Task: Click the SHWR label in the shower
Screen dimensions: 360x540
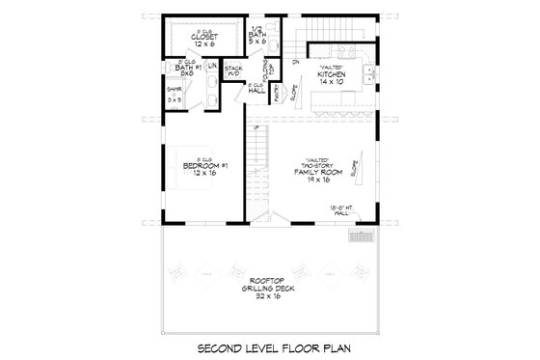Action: (175, 90)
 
